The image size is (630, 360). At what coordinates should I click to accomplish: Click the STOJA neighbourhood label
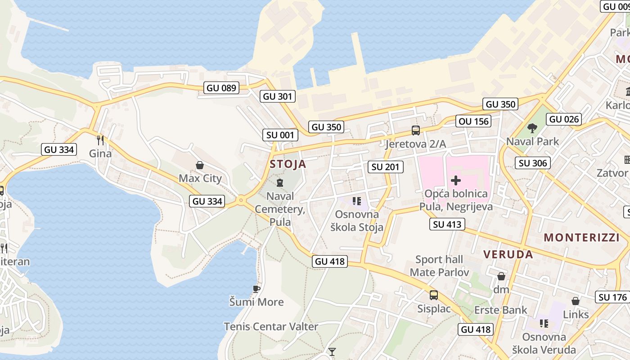pyautogui.click(x=288, y=164)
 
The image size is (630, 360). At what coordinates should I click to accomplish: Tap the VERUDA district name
pyautogui.click(x=508, y=255)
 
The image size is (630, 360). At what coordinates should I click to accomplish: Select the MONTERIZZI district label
pyautogui.click(x=581, y=238)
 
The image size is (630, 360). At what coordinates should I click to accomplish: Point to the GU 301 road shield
pyautogui.click(x=278, y=96)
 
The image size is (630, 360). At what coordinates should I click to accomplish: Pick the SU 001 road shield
pyautogui.click(x=280, y=135)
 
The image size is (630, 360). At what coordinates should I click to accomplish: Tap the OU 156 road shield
pyautogui.click(x=474, y=121)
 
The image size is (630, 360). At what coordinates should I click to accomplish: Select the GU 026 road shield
pyautogui.click(x=564, y=119)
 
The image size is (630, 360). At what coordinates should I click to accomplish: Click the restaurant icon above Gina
pyautogui.click(x=100, y=140)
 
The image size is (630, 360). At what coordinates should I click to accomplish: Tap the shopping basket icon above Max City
pyautogui.click(x=200, y=166)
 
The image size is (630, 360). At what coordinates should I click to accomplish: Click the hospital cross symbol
pyautogui.click(x=456, y=181)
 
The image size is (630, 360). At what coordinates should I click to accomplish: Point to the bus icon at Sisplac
pyautogui.click(x=433, y=295)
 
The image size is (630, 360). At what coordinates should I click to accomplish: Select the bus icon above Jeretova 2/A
pyautogui.click(x=415, y=131)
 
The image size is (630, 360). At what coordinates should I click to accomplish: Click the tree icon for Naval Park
pyautogui.click(x=532, y=128)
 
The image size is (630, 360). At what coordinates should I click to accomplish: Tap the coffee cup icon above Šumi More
pyautogui.click(x=256, y=289)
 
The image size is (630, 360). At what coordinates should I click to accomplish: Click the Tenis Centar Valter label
pyautogui.click(x=271, y=327)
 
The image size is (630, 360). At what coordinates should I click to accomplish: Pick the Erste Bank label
pyautogui.click(x=500, y=310)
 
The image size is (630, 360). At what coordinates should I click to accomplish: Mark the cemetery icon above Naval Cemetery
pyautogui.click(x=280, y=183)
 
